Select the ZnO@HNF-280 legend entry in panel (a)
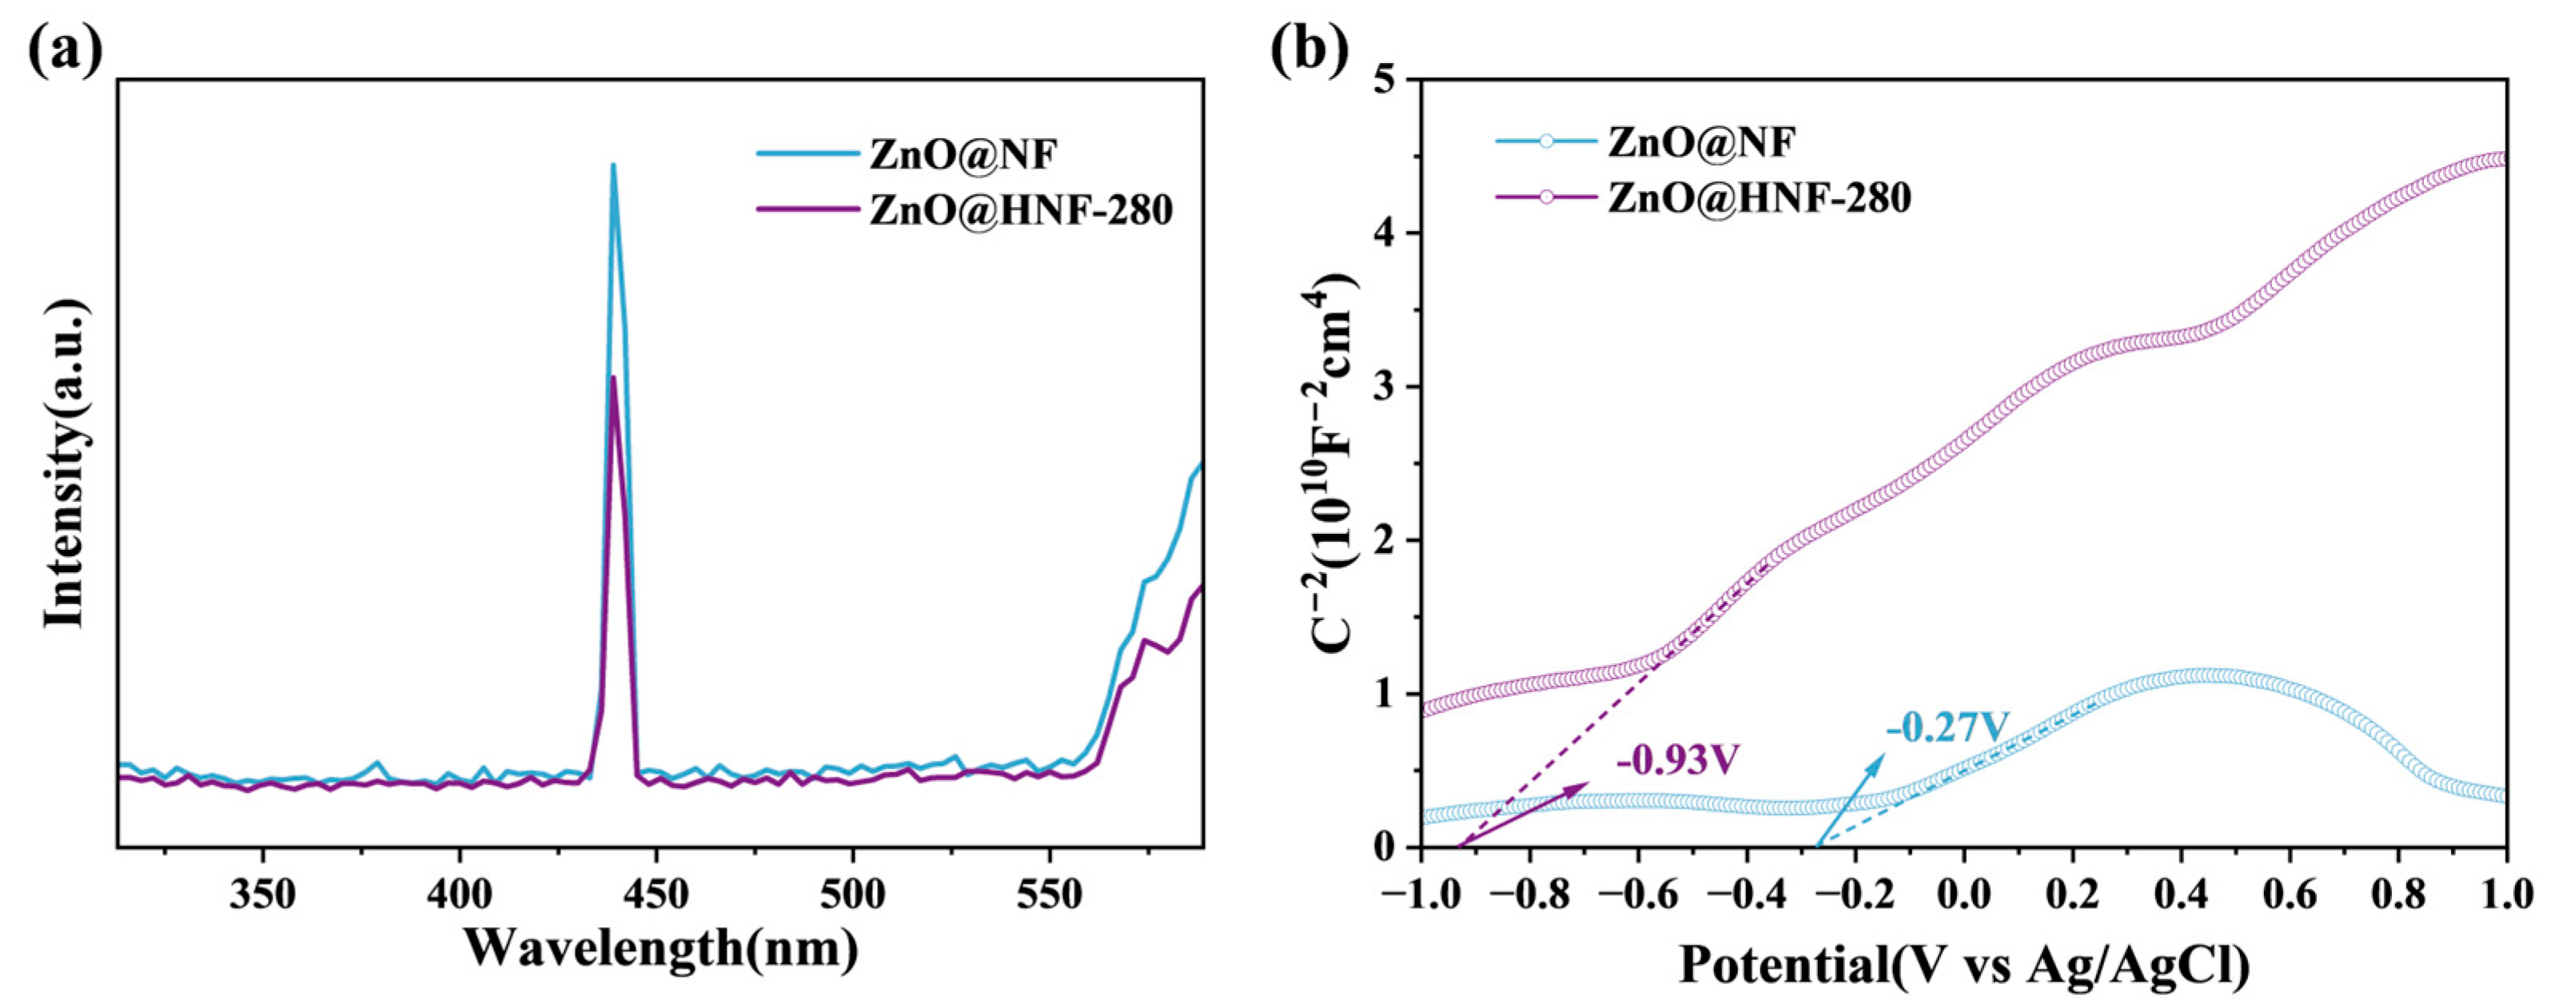point(1020,210)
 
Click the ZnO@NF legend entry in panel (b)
point(1700,141)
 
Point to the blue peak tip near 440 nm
point(613,165)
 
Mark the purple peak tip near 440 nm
point(613,377)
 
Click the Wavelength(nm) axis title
point(660,949)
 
